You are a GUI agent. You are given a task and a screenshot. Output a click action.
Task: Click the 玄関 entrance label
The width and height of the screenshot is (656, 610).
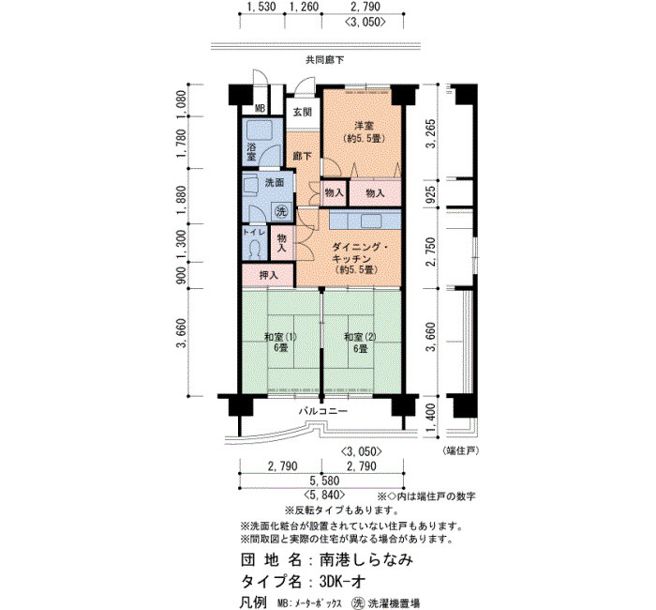302,112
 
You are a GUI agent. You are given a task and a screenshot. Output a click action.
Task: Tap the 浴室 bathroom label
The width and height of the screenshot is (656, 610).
251,152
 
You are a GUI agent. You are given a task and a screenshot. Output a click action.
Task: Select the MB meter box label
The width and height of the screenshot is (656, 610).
260,109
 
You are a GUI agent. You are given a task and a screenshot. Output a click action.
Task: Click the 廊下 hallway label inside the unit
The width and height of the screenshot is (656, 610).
302,157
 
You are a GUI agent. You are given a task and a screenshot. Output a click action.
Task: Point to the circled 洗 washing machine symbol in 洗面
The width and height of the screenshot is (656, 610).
281,211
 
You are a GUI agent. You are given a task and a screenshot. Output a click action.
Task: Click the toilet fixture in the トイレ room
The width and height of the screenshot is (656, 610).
255,251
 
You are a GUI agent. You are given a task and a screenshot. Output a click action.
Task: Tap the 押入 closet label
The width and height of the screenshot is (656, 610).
269,275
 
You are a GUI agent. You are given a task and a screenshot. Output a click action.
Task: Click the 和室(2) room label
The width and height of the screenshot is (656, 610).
360,337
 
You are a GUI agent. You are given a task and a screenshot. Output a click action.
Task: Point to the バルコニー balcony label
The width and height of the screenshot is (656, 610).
322,411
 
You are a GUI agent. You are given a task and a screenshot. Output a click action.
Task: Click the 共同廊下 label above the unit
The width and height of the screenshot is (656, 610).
324,60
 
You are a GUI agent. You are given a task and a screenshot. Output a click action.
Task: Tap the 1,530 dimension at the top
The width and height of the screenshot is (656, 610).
261,7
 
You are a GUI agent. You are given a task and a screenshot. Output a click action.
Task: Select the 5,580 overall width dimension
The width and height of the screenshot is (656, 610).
324,480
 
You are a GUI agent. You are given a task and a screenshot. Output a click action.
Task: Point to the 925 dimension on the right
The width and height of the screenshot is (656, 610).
431,194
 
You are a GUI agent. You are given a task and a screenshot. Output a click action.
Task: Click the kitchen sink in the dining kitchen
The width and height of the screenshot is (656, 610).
371,221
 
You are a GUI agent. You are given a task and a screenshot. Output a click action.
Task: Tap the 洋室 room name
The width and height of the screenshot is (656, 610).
364,126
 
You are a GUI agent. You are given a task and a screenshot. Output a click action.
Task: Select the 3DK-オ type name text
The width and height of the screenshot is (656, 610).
342,581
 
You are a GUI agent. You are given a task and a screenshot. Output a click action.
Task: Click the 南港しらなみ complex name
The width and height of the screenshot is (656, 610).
367,559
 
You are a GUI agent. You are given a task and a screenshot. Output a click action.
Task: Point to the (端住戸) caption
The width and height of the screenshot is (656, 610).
461,450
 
